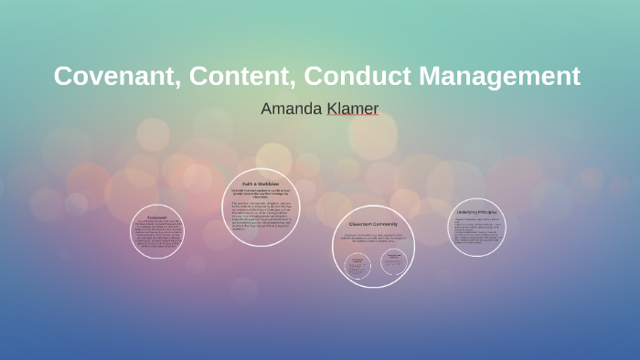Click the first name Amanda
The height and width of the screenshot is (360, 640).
coord(292,109)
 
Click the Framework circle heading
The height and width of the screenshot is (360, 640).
coord(156,217)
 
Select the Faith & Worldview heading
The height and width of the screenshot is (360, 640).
coord(261,183)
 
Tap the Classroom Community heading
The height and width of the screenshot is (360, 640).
coord(373,224)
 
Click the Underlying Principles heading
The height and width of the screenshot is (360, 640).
coord(475,212)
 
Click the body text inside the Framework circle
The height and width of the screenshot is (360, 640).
coord(156,234)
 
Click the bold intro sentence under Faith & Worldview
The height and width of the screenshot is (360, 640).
coord(261,193)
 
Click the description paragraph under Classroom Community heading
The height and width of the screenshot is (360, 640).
coord(373,239)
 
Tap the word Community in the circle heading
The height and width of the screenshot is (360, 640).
coord(384,224)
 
